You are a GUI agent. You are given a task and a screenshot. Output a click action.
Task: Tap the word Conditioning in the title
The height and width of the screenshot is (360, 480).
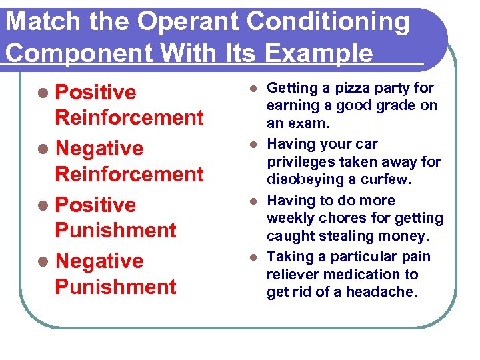(329, 23)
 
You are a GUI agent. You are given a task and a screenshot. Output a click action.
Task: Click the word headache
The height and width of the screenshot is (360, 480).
(388, 292)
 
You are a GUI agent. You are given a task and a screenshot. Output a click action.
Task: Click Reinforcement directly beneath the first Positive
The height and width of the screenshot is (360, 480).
(129, 118)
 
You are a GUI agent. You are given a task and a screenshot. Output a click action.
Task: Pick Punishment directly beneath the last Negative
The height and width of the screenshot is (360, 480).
(115, 287)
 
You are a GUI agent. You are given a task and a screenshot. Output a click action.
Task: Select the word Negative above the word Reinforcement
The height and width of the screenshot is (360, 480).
(99, 148)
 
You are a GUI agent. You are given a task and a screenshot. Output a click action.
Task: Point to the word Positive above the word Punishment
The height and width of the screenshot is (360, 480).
(95, 205)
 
